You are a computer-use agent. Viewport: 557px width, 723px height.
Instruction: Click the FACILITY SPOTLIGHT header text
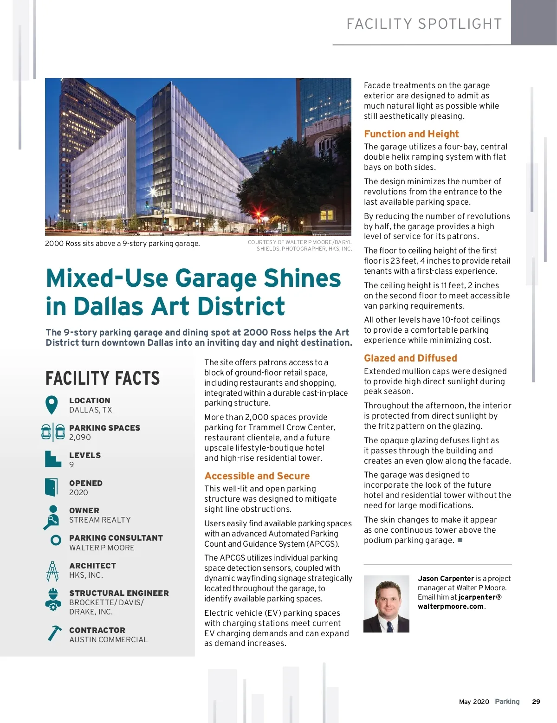(424, 24)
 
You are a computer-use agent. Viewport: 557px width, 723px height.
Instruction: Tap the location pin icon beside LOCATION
(52, 405)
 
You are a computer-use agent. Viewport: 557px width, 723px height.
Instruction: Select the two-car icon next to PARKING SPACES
(53, 432)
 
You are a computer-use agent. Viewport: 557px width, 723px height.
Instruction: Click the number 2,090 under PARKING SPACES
(80, 437)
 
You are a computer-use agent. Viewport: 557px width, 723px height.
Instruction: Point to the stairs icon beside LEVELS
(53, 459)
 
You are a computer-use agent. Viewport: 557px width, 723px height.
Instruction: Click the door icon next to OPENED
(52, 487)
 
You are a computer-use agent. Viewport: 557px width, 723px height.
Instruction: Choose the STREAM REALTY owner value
(100, 520)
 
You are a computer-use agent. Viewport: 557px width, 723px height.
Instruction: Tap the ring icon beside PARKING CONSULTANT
(56, 540)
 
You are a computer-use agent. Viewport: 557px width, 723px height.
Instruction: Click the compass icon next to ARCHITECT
(52, 571)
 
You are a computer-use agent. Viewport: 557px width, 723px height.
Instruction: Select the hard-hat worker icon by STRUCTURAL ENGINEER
(53, 599)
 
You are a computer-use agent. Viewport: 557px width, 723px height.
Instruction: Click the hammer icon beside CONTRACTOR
(54, 633)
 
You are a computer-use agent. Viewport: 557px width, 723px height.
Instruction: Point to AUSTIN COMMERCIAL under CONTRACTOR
(108, 639)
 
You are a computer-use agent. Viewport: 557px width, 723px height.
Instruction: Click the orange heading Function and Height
(411, 134)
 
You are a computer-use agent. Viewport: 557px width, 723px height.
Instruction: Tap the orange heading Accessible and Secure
(257, 476)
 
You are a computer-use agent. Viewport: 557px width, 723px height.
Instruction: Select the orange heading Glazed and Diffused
(410, 358)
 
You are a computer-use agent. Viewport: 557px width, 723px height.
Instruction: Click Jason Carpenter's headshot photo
(386, 604)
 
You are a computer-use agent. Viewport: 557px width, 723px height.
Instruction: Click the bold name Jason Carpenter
(446, 579)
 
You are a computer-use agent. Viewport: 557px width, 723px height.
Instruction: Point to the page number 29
(536, 702)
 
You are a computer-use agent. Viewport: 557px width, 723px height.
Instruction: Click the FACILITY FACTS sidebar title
(103, 378)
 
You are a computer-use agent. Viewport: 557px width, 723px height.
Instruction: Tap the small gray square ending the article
(460, 540)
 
